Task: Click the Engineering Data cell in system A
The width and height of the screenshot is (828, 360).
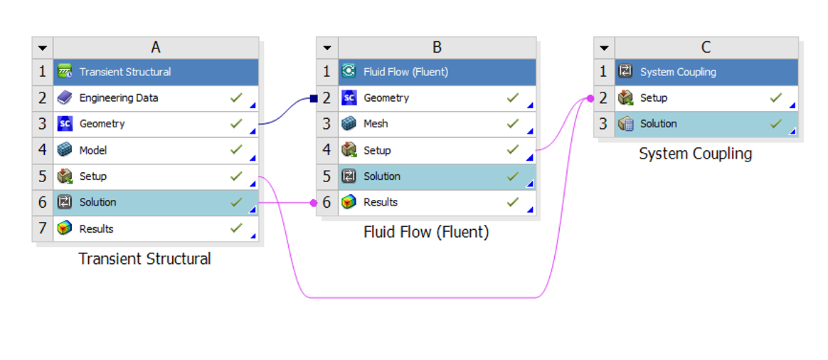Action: (118, 98)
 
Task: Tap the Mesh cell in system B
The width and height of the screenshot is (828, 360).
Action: (376, 124)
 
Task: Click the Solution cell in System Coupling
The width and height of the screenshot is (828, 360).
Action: (658, 124)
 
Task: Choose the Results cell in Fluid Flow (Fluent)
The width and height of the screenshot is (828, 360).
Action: (380, 203)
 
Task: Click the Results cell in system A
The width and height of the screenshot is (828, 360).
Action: (96, 229)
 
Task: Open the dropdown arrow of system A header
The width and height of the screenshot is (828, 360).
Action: (43, 48)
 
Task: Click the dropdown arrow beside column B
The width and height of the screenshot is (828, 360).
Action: (327, 48)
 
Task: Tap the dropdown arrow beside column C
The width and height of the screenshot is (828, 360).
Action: (604, 48)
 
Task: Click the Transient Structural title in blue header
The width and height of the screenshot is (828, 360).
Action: (124, 72)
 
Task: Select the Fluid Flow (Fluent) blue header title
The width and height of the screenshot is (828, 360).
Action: (405, 72)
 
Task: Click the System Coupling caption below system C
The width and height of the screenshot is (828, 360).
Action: (695, 154)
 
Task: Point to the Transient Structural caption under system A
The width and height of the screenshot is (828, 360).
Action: (144, 259)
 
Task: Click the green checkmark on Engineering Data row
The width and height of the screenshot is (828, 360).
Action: (236, 97)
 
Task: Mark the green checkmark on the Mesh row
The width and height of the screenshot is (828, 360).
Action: (513, 123)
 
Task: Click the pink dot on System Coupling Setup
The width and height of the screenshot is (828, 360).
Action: (590, 98)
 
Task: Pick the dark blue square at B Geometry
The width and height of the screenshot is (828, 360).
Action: (313, 99)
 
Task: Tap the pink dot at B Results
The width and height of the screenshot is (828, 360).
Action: (313, 203)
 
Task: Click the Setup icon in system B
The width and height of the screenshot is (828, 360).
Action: (349, 150)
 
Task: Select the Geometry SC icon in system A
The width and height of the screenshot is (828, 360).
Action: (65, 124)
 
